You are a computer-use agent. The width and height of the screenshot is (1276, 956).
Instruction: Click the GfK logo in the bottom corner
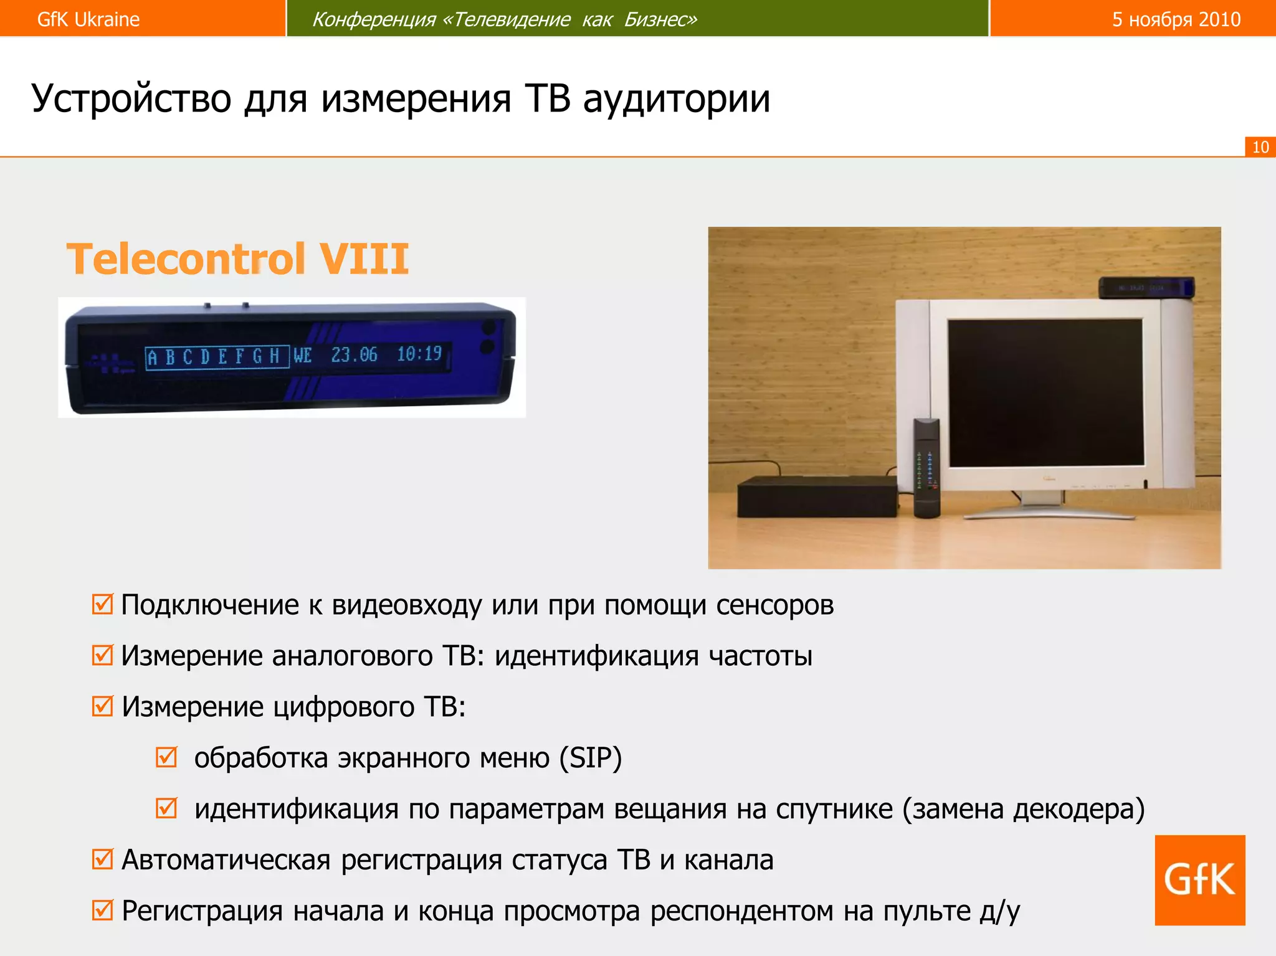point(1199,879)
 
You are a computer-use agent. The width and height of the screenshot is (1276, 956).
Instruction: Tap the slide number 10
point(1260,147)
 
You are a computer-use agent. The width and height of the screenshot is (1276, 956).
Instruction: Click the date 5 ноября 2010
point(1176,19)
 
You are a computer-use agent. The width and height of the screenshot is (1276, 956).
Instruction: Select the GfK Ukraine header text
point(88,19)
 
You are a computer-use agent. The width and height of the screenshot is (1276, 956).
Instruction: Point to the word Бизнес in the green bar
point(660,19)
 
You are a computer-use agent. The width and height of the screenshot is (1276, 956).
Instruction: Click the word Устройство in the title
point(131,98)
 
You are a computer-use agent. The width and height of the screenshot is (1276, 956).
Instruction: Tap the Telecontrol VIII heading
point(237,259)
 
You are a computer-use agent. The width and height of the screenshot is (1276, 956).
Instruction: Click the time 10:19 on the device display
point(419,354)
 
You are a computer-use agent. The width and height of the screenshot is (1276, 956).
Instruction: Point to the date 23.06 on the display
point(354,355)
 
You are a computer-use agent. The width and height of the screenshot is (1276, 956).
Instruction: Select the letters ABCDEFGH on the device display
point(216,357)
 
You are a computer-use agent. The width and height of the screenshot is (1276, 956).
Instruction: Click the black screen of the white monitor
point(1046,392)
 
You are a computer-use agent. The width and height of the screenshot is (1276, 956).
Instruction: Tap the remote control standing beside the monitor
point(926,467)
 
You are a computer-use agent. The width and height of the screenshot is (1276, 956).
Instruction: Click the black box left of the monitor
point(817,496)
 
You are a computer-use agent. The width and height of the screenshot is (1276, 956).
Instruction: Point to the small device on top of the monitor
point(1145,288)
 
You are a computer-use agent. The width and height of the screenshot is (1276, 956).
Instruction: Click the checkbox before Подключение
point(102,604)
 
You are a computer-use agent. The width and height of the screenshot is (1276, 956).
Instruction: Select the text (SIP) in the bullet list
point(591,758)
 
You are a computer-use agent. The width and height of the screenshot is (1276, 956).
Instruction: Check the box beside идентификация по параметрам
point(166,808)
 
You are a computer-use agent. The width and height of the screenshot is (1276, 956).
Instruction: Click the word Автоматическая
point(226,860)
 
